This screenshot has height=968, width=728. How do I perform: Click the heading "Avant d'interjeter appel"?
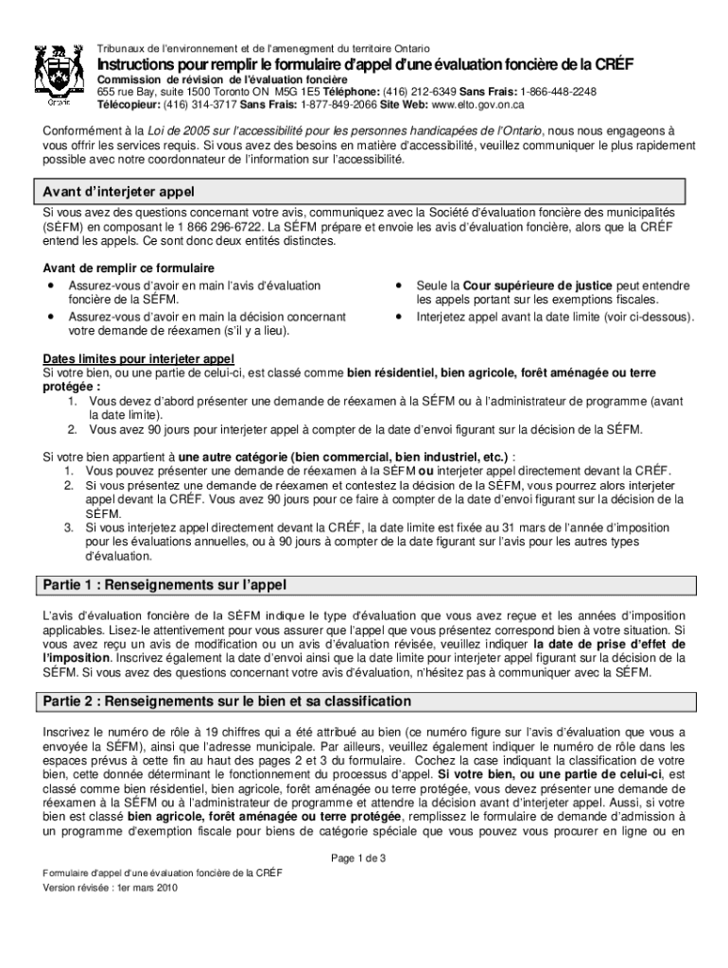[118, 192]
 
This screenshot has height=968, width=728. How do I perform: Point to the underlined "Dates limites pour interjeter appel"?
[139, 359]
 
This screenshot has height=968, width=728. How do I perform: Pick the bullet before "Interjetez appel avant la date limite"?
[401, 318]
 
